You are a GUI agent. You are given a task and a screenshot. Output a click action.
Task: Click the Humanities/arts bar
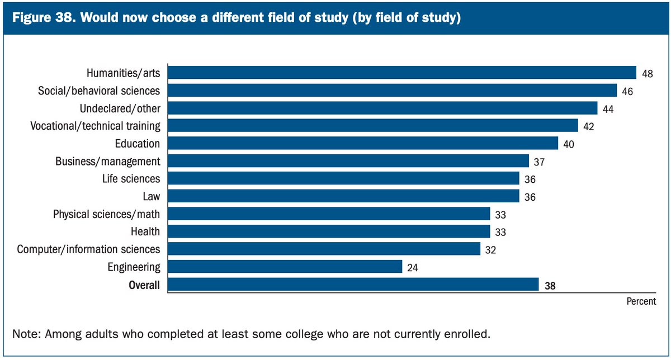[401, 73]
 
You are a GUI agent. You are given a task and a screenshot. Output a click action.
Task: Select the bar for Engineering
[285, 267]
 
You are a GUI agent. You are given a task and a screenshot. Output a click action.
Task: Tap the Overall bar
[353, 285]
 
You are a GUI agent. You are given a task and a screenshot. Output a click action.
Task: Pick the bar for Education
[362, 144]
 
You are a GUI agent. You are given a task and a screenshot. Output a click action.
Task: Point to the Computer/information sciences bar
[324, 249]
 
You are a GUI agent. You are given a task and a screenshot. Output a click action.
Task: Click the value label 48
[648, 74]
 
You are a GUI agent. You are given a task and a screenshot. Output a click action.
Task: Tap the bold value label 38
[550, 286]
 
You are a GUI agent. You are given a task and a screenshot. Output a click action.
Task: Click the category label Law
[152, 197]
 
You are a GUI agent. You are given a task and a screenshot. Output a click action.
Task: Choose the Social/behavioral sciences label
[99, 91]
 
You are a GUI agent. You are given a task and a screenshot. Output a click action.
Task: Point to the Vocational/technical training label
[95, 126]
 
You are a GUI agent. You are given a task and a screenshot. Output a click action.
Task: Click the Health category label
[145, 231]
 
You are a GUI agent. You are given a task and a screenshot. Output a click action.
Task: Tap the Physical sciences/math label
[106, 214]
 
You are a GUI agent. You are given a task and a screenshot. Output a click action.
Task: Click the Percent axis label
[641, 301]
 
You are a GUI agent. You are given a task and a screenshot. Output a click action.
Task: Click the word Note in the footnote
[24, 334]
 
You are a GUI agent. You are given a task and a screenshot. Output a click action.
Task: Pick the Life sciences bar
[343, 179]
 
